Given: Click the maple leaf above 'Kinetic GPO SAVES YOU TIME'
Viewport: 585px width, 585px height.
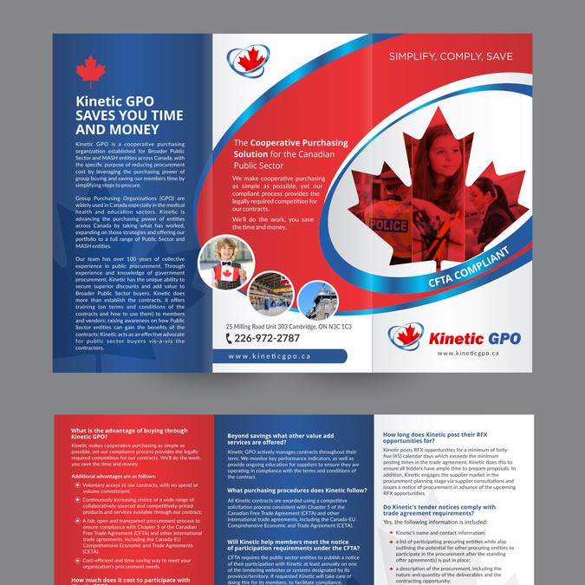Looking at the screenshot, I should pyautogui.click(x=89, y=72).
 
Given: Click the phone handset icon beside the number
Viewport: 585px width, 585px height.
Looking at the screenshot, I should pyautogui.click(x=229, y=339).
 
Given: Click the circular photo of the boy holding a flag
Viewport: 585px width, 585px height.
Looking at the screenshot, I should pyautogui.click(x=226, y=263).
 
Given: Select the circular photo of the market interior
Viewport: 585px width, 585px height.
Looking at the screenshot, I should pyautogui.click(x=270, y=294).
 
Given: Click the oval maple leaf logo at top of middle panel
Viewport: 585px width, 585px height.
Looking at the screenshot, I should pyautogui.click(x=249, y=62).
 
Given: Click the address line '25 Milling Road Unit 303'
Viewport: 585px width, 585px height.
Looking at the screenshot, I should pyautogui.click(x=260, y=326).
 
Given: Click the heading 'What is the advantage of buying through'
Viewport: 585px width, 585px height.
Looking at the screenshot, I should pyautogui.click(x=128, y=431).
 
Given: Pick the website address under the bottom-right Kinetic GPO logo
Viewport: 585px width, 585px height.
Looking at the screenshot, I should pyautogui.click(x=469, y=354).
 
